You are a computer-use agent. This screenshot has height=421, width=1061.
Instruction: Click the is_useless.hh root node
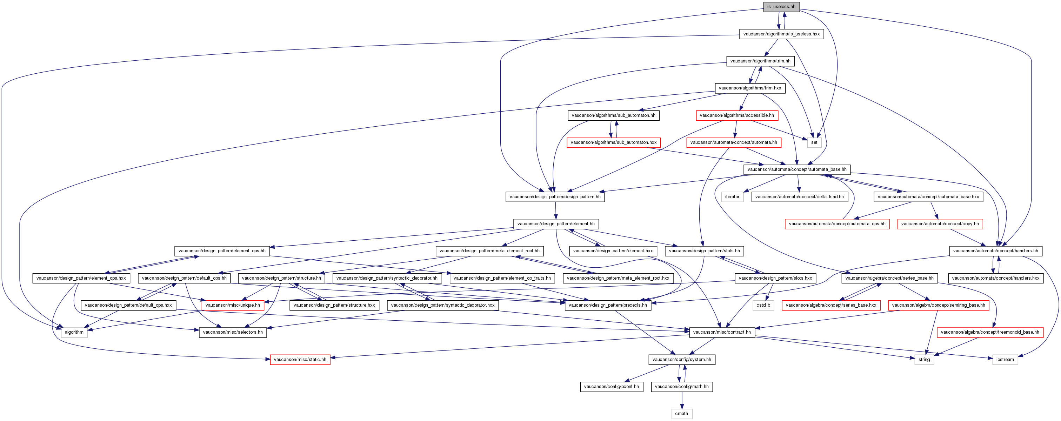781,7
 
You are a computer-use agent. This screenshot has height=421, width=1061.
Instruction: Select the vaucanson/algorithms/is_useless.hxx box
781,34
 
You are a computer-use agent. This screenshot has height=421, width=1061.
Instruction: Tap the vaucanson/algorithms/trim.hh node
760,61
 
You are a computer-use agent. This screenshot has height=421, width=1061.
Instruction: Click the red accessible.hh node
737,115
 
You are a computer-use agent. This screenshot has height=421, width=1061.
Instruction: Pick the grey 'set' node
814,142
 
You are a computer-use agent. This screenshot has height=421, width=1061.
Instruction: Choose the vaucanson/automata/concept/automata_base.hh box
797,169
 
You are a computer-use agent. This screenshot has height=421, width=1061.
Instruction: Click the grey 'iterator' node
732,197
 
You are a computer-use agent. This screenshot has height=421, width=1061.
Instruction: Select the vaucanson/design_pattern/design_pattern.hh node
555,197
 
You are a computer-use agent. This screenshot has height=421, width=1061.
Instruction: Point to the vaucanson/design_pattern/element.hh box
556,224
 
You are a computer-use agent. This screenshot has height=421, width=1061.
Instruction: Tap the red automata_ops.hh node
837,224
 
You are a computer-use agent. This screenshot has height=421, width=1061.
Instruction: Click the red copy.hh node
940,224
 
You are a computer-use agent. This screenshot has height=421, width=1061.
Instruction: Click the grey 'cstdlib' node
763,305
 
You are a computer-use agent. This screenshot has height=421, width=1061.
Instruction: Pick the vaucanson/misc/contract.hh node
722,332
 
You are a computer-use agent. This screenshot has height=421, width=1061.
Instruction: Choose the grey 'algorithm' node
74,332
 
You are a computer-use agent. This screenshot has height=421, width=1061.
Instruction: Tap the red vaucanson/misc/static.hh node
300,360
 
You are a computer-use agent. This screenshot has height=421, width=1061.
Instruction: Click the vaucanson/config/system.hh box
682,360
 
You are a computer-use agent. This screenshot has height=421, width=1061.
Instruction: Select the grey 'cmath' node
682,414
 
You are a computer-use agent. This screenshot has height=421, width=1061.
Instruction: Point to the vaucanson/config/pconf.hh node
612,386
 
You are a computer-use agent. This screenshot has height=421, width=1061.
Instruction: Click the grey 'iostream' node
1005,360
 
